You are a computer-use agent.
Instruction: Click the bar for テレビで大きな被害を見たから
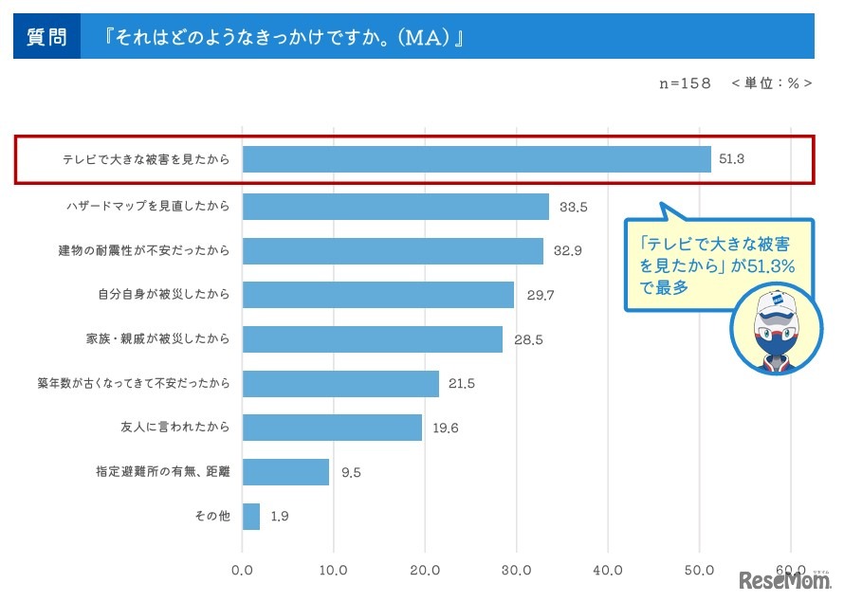pyautogui.click(x=476, y=160)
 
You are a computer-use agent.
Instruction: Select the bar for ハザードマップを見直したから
pyautogui.click(x=395, y=206)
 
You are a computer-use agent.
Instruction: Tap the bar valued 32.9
pyautogui.click(x=393, y=250)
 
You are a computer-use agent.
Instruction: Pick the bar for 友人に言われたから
pyautogui.click(x=332, y=428)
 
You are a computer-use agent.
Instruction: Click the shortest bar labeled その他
pyautogui.click(x=251, y=517)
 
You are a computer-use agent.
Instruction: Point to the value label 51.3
pyautogui.click(x=731, y=160)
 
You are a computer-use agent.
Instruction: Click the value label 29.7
pyautogui.click(x=541, y=295)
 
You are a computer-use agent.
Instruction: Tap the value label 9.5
pyautogui.click(x=352, y=472)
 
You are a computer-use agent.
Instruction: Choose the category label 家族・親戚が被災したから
pyautogui.click(x=158, y=338)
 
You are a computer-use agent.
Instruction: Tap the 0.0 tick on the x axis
pyautogui.click(x=243, y=570)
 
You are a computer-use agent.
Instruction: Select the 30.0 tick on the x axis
pyautogui.click(x=516, y=570)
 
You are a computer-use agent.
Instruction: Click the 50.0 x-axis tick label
pyautogui.click(x=699, y=570)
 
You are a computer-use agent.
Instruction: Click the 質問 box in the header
pyautogui.click(x=46, y=37)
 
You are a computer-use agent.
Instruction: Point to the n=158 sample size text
pyautogui.click(x=685, y=83)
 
